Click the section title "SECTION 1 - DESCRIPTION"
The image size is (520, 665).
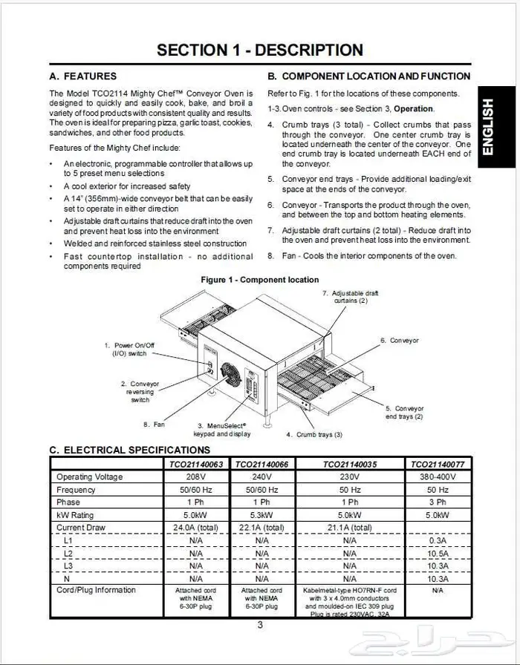(260, 50)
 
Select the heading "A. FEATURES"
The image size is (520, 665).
(83, 76)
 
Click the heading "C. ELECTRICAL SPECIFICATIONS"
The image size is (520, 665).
(129, 450)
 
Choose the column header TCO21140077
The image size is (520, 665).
(437, 464)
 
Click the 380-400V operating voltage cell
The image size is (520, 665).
(437, 477)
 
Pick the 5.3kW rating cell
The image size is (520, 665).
(261, 515)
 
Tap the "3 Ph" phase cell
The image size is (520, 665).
(437, 502)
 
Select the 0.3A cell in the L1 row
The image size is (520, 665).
(437, 540)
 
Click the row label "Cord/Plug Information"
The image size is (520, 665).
(97, 591)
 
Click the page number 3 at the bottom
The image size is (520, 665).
(260, 625)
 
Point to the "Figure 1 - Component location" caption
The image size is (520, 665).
(260, 280)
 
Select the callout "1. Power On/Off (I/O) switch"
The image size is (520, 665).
(129, 350)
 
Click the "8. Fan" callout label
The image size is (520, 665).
(154, 425)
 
